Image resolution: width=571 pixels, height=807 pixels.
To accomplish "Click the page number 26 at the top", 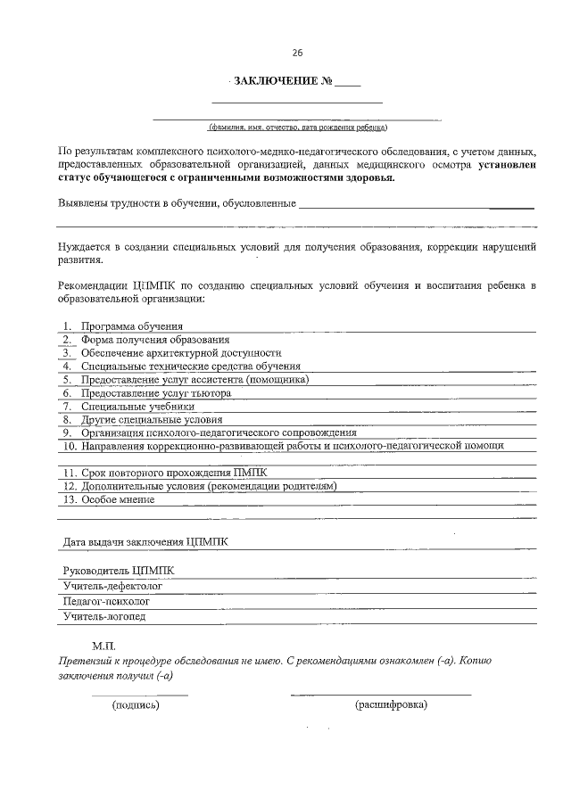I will (x=285, y=51).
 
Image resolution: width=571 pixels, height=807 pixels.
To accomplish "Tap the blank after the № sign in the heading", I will (x=348, y=83).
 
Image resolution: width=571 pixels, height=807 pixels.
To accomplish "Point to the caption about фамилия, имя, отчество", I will (x=296, y=127).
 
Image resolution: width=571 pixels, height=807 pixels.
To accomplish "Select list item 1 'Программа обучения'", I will (x=132, y=326).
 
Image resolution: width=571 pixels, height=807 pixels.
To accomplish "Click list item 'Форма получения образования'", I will (x=155, y=340).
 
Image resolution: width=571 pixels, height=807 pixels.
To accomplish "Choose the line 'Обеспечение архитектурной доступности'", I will (x=175, y=353).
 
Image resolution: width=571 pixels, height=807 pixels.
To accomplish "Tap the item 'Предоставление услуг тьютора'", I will (x=156, y=392).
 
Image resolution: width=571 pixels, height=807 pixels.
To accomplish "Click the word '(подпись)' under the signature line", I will (x=136, y=705).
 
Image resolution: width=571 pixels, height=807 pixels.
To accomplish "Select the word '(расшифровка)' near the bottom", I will (x=391, y=705).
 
